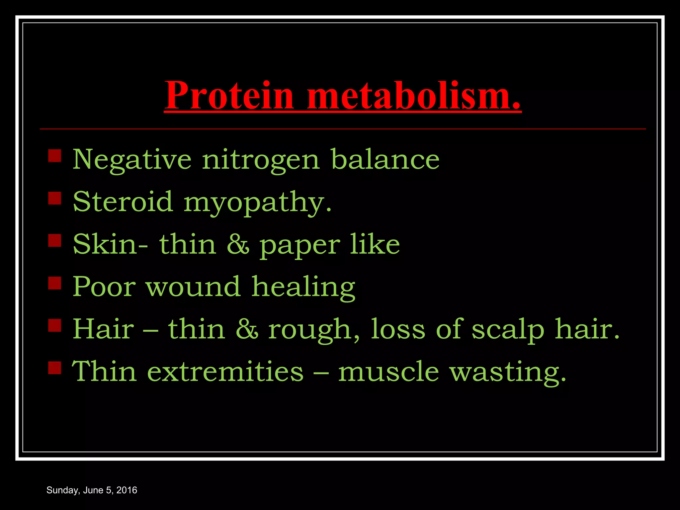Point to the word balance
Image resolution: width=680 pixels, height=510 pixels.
click(385, 159)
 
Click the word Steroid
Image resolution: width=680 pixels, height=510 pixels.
click(123, 202)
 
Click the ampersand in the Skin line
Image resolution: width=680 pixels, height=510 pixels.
click(237, 245)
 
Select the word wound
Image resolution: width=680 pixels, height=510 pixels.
click(193, 287)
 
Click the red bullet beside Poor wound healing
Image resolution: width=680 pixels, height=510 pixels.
click(55, 283)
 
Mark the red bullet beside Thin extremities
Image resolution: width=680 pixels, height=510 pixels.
click(55, 368)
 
